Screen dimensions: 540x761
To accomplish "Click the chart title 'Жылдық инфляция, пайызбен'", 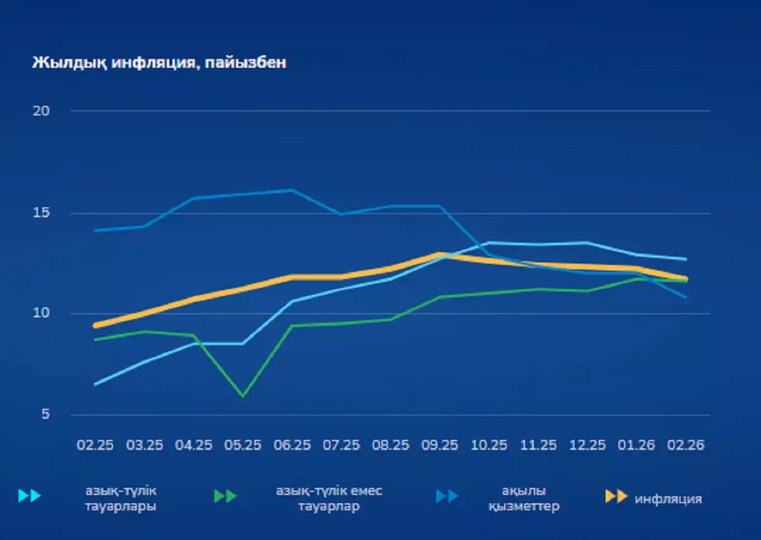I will [x=159, y=63].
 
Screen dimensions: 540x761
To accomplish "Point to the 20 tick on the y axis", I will [x=41, y=111].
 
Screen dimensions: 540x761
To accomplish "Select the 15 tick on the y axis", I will [x=41, y=212].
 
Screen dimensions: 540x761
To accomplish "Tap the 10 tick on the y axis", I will [x=41, y=314].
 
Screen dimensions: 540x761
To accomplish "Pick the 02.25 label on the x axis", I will [x=95, y=445].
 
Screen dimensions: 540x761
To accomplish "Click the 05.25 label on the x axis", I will [x=242, y=445].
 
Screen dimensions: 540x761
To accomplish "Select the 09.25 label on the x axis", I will [x=439, y=445].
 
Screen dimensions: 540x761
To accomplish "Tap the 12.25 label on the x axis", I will [x=587, y=445].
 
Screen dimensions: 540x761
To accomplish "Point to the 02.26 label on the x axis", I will [x=686, y=445].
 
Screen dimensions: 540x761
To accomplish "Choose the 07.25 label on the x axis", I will [x=341, y=445].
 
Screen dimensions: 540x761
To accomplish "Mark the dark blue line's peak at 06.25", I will [x=292, y=190].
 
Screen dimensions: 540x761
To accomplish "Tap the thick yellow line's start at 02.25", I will [x=95, y=326].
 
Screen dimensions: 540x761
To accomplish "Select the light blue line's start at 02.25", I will [x=95, y=384].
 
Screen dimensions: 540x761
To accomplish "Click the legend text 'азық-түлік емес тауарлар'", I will [x=328, y=499].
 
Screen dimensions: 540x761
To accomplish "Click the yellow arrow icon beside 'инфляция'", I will [x=616, y=496].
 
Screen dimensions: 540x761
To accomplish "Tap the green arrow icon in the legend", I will [x=225, y=496].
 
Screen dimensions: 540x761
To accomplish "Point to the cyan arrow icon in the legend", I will [x=30, y=496].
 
